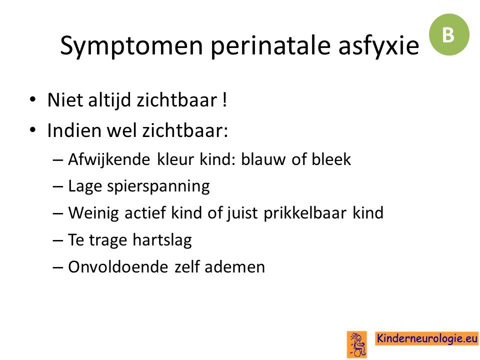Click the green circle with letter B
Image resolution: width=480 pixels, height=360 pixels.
click(449, 34)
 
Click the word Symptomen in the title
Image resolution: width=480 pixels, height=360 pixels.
click(131, 46)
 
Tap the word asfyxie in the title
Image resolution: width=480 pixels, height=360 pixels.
click(378, 46)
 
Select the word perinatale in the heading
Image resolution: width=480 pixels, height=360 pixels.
click(271, 46)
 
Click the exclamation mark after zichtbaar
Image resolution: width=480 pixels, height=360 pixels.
click(225, 100)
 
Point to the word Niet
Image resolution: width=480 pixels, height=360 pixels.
click(65, 100)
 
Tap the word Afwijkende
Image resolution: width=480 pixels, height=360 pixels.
click(109, 159)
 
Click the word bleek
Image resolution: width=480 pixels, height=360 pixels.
click(331, 159)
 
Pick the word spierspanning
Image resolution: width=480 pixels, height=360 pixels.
click(158, 186)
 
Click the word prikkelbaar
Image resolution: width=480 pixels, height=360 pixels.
click(305, 213)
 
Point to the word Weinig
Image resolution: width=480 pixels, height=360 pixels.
click(93, 213)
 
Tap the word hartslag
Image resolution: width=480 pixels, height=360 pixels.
click(162, 239)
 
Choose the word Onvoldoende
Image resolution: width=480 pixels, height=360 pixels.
click(118, 266)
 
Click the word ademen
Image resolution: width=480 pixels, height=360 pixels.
click(235, 266)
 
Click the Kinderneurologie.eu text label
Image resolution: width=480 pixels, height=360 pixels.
click(426, 338)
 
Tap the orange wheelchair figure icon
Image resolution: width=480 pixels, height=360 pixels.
click(357, 344)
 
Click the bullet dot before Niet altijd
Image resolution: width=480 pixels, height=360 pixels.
click(33, 99)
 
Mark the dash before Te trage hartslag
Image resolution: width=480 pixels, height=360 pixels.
click(58, 240)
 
